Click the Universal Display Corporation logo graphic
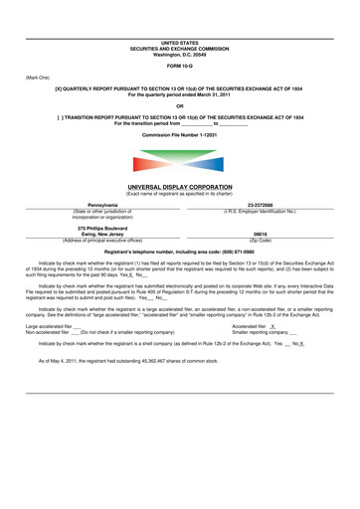(179, 162)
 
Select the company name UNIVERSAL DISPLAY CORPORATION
(179, 186)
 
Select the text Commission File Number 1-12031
(179, 132)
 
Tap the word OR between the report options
(179, 105)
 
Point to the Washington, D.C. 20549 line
(179, 53)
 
